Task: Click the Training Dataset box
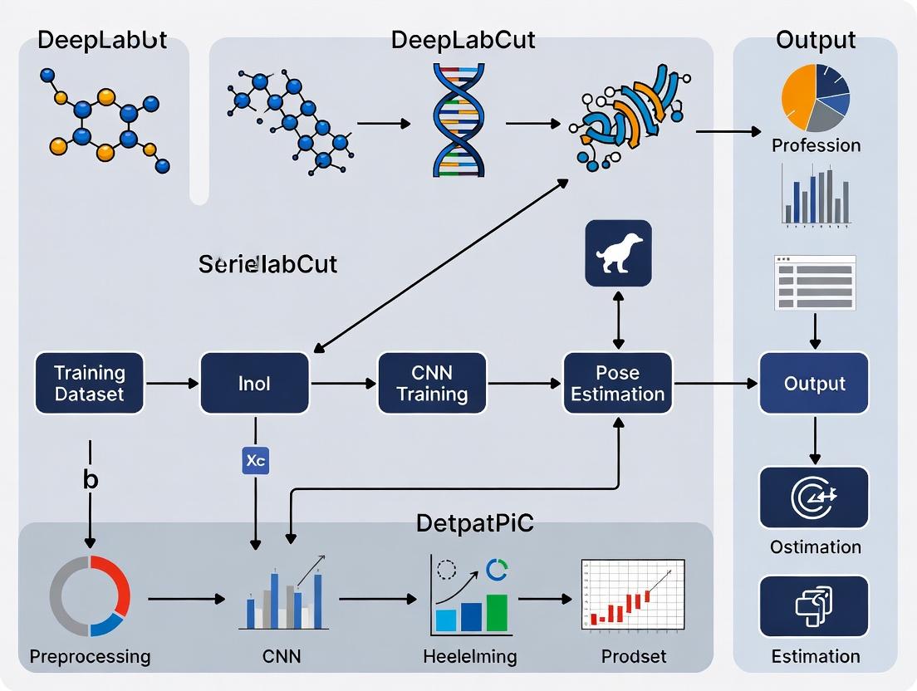89,383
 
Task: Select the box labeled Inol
254,383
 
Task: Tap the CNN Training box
432,383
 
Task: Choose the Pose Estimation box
618,383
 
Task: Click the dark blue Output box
814,383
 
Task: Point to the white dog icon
619,253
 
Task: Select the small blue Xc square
255,461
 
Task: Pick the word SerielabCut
267,264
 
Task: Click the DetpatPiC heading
474,523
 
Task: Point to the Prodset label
634,656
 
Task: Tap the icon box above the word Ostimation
814,497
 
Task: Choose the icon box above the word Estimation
814,606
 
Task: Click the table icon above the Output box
814,282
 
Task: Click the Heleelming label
469,656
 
